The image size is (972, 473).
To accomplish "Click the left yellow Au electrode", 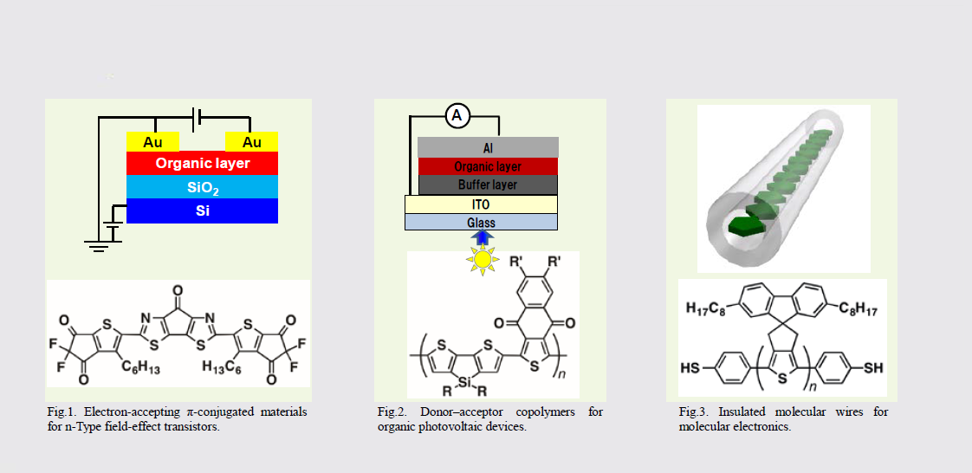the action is click(153, 142).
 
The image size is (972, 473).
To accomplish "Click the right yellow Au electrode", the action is click(252, 142).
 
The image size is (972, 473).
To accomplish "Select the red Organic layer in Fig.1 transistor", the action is click(202, 164).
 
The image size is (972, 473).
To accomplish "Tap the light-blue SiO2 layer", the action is click(202, 186).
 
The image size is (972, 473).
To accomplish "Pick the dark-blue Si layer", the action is click(202, 211).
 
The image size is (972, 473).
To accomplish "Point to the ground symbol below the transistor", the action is click(97, 246).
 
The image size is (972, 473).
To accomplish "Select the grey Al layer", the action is click(488, 147).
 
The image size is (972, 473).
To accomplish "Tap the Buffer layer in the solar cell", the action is click(488, 185).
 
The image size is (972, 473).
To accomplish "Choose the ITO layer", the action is click(482, 204).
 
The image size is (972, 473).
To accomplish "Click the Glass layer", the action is click(482, 222).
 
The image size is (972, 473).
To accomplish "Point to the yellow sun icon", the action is click(483, 258).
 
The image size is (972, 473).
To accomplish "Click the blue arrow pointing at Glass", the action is click(481, 237).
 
